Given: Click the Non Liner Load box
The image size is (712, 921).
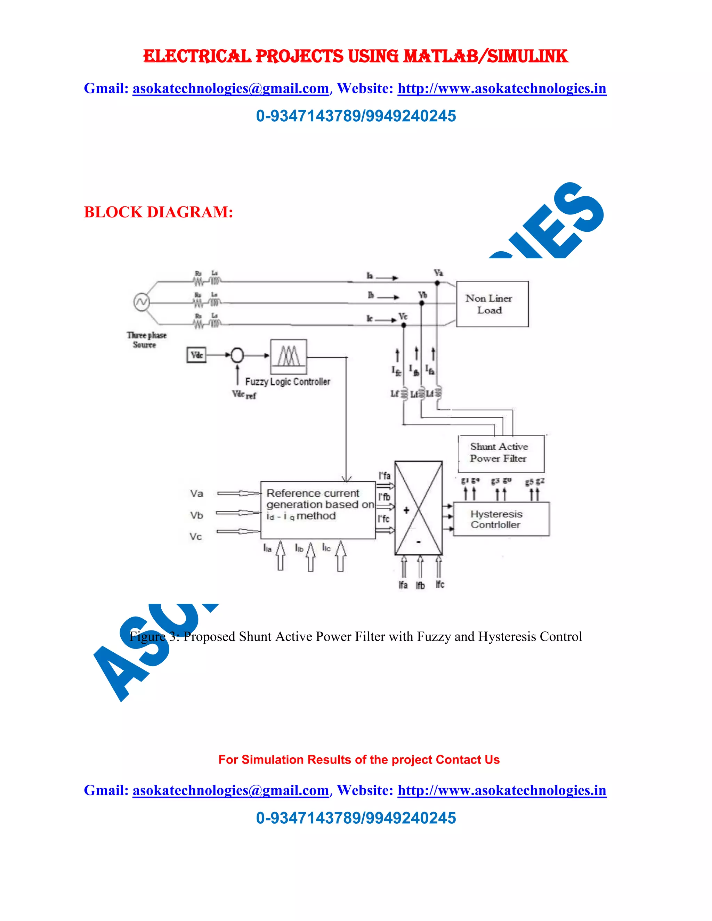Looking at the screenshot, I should click(x=492, y=304).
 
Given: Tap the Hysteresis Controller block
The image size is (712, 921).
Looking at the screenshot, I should click(x=501, y=519).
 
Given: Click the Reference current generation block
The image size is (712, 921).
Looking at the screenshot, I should click(x=318, y=510).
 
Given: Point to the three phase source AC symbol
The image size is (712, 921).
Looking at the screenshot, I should click(x=141, y=302).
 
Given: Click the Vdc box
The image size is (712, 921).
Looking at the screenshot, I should click(x=196, y=354).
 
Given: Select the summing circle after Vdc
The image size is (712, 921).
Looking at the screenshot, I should click(x=237, y=356).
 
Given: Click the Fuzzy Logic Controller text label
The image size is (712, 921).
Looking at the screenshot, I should click(x=288, y=382).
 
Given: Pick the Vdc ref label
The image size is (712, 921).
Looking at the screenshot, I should click(x=244, y=395).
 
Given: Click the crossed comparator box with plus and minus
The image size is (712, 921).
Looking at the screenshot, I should click(x=419, y=508).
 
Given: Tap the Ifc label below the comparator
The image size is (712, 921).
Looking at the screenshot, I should click(x=440, y=585).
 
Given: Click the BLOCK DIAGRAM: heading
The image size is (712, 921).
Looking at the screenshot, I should click(x=158, y=212).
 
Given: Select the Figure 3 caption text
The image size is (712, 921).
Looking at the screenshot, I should click(x=356, y=636).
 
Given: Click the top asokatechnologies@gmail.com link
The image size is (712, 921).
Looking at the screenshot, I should click(x=231, y=89).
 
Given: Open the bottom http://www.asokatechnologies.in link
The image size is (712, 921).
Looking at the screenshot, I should click(x=502, y=790).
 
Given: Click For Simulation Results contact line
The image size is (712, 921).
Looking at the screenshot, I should click(x=358, y=759).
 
